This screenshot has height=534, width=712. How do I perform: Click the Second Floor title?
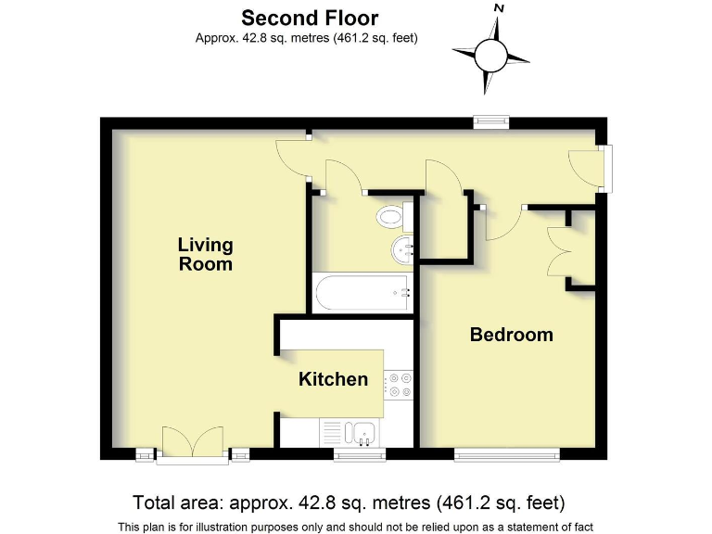(310, 18)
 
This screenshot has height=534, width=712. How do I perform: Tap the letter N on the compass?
(499, 7)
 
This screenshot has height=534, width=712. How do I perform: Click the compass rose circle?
(491, 57)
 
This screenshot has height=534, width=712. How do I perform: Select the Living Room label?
(206, 254)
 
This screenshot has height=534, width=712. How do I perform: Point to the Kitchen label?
(333, 379)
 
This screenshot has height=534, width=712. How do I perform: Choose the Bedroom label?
(511, 335)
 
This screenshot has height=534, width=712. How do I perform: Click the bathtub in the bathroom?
(362, 293)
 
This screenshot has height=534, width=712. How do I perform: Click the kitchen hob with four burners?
(399, 385)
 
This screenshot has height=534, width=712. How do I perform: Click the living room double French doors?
(192, 442)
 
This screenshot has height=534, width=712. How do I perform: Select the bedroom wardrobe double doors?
(559, 250)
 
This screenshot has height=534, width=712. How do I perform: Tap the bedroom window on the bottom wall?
(506, 454)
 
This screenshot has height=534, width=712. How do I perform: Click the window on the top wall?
(490, 120)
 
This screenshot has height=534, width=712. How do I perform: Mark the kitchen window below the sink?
(359, 454)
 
